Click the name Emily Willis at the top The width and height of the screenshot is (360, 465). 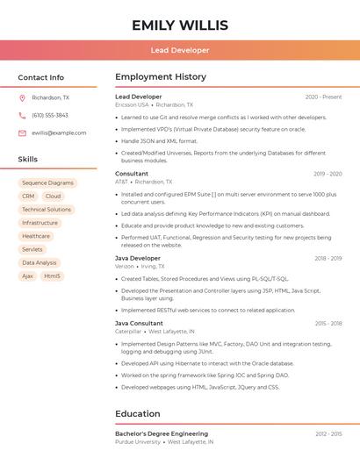click(x=180, y=25)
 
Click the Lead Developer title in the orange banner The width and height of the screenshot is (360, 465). click(x=180, y=50)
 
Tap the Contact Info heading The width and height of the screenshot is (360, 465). click(x=41, y=77)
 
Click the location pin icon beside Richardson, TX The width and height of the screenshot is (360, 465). click(x=22, y=97)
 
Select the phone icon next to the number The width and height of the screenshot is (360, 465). click(x=22, y=115)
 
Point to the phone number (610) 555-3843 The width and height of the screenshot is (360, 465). click(x=50, y=115)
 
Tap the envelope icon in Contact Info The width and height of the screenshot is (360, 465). click(x=22, y=132)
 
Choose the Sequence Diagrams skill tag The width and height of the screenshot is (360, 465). click(x=47, y=182)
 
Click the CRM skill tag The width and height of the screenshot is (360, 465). click(x=28, y=196)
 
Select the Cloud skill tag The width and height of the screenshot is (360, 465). click(x=53, y=196)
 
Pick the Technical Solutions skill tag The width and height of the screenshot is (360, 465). click(x=47, y=210)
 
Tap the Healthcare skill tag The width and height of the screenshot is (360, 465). click(x=36, y=236)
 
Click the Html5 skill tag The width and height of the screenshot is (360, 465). click(x=53, y=275)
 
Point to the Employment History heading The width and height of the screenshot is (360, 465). click(x=161, y=77)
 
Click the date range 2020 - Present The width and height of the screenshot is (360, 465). click(x=323, y=97)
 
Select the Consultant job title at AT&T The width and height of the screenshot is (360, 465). click(x=132, y=174)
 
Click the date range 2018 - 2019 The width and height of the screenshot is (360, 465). click(x=328, y=259)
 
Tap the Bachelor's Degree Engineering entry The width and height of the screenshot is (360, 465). click(x=162, y=433)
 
